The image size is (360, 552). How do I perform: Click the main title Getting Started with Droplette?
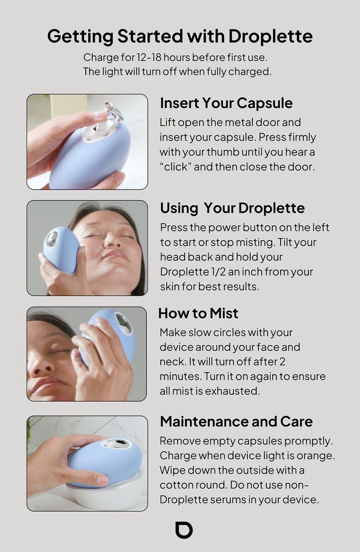tap(180, 36)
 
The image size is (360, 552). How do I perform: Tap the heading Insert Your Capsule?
tap(226, 103)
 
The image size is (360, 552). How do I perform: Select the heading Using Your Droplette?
tap(232, 208)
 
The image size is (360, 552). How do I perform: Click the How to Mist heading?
tap(198, 313)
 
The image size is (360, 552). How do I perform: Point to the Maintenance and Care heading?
tap(236, 421)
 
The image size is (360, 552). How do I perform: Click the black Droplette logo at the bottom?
tap(184, 530)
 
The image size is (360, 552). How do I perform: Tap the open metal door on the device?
tap(113, 111)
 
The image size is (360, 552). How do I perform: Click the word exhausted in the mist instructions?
tap(231, 391)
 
